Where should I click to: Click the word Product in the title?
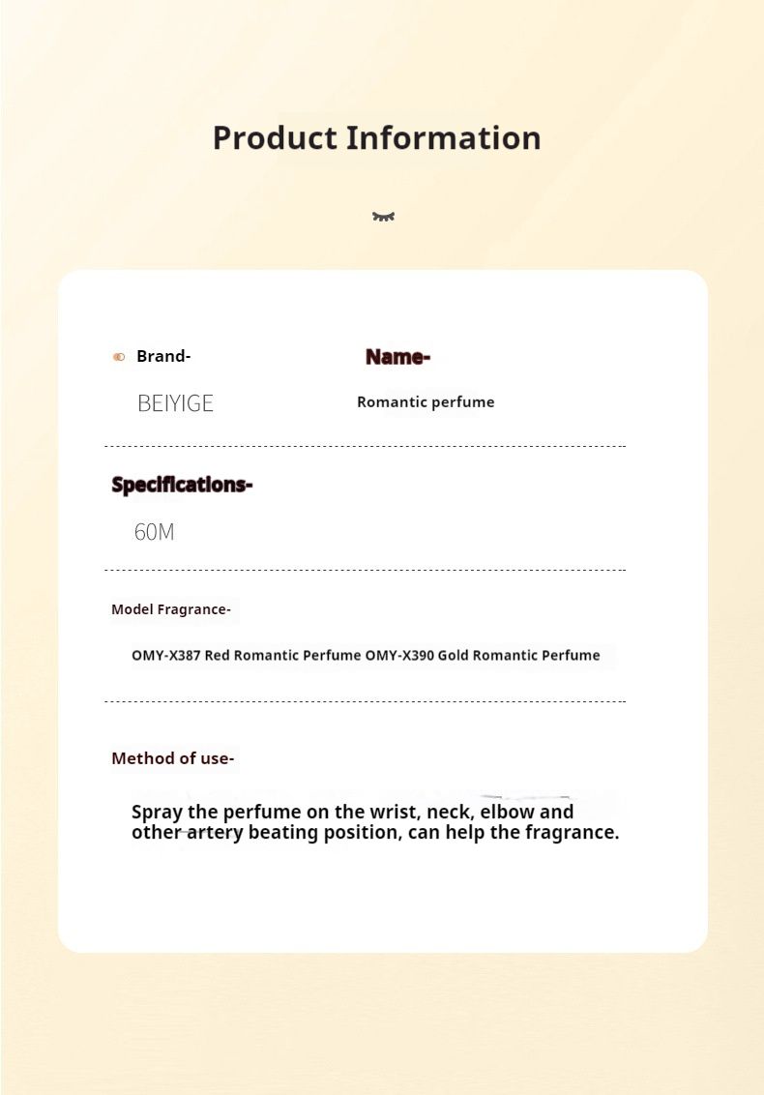coord(275,138)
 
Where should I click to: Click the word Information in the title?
coord(444,137)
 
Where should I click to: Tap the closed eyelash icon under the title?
coord(383,217)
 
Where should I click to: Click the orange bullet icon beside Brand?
coord(119,357)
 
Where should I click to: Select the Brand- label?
coord(163,356)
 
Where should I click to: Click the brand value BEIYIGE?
coord(175,403)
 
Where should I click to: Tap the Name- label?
coord(397,357)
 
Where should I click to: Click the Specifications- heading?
coord(182,484)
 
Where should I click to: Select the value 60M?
coord(155,531)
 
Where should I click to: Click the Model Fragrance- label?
coord(171,609)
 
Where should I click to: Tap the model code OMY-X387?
coord(165,655)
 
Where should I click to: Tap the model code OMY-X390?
coord(399,655)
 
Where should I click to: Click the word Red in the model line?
coord(218,655)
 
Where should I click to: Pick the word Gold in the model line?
coord(454,655)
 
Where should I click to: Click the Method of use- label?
coord(172,758)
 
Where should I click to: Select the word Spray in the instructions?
coord(156,813)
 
